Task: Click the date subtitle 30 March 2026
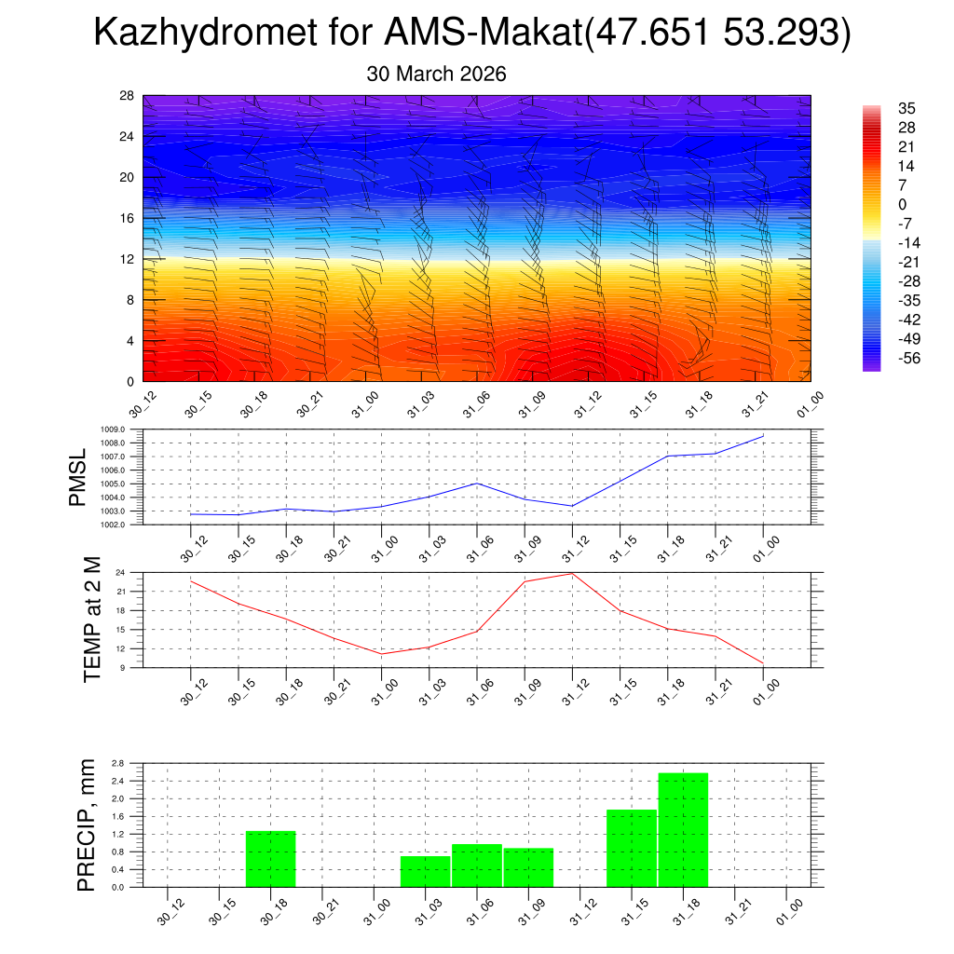(x=436, y=75)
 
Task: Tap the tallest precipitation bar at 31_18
(x=683, y=829)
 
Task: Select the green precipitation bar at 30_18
(x=270, y=858)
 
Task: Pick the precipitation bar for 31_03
(x=425, y=871)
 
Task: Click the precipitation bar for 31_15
(x=632, y=848)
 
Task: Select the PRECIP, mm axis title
(x=87, y=824)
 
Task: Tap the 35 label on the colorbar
(x=906, y=108)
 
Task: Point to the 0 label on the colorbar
(x=902, y=204)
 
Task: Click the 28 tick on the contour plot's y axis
(x=128, y=96)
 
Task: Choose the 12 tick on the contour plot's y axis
(x=128, y=259)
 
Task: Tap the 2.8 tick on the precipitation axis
(x=118, y=763)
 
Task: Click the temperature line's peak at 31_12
(x=572, y=573)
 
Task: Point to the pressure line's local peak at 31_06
(x=477, y=483)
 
